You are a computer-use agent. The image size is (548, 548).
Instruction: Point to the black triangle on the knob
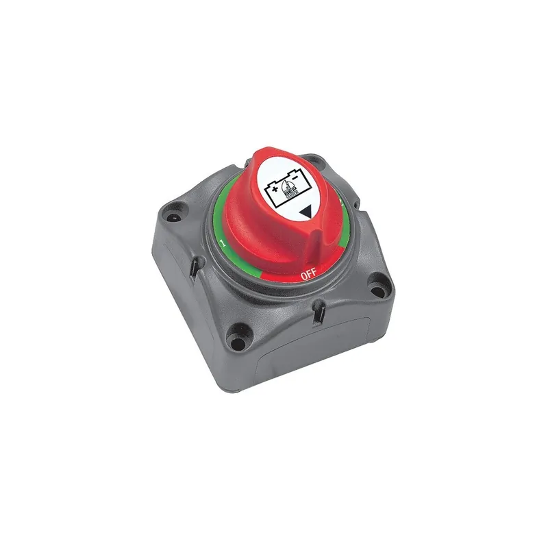306,213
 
